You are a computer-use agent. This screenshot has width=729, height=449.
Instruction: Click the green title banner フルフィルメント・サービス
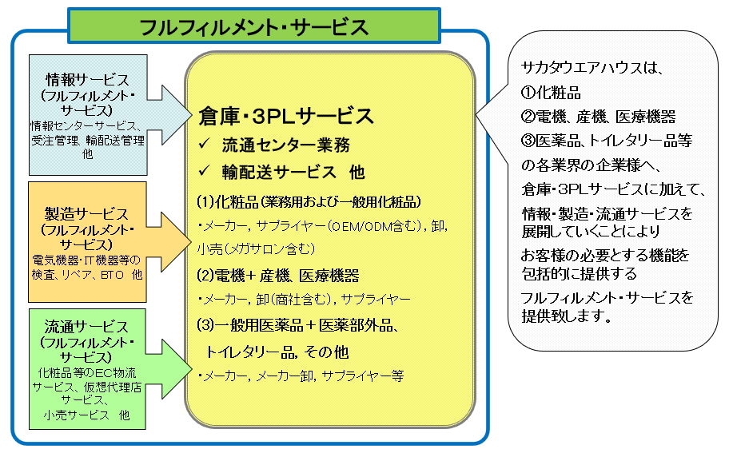point(254,26)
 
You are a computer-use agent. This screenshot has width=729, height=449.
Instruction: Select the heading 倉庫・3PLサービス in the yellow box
point(286,116)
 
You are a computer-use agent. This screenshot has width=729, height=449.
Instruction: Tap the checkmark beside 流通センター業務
point(204,144)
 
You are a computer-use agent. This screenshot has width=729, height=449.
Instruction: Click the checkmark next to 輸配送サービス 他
point(204,171)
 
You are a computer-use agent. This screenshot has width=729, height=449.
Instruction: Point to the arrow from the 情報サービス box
point(169,115)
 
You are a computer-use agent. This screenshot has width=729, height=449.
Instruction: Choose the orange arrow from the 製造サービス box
point(169,242)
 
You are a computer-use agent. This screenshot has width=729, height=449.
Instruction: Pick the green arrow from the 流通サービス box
point(169,369)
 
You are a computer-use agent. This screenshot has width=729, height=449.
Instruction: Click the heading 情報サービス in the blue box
point(88,80)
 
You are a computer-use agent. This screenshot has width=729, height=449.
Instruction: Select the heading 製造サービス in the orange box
point(87,214)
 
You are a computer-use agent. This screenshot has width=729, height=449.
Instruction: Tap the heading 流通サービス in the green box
point(86,327)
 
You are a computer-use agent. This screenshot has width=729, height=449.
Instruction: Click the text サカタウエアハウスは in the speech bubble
point(591,68)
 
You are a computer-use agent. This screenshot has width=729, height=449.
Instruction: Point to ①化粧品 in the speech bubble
point(551,93)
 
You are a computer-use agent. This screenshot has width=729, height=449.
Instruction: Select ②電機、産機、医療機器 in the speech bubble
point(599,117)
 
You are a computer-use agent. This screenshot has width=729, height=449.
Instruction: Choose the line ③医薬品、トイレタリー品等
point(607,141)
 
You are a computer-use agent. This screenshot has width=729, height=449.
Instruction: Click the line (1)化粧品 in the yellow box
point(309,201)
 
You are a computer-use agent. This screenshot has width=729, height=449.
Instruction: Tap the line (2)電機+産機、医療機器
point(278,276)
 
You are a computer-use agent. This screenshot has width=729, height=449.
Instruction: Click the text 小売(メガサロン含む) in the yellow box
point(256,249)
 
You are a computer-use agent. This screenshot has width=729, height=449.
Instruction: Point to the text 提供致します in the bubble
point(568,316)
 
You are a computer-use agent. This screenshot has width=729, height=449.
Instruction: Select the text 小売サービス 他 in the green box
point(87,415)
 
